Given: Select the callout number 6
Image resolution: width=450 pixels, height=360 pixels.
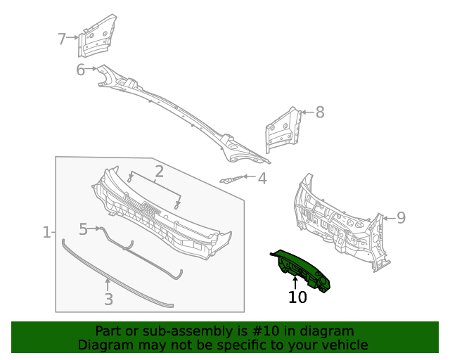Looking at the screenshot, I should (x=80, y=69).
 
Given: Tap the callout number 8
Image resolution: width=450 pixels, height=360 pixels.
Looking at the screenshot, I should (x=319, y=112).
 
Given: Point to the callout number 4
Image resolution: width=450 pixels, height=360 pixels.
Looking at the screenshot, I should (x=262, y=179).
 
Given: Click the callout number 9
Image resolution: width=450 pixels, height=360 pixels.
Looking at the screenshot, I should (x=401, y=217).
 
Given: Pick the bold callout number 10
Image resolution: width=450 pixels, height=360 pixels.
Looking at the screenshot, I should (x=297, y=297).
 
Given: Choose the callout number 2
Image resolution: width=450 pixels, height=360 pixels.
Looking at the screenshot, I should (x=160, y=171).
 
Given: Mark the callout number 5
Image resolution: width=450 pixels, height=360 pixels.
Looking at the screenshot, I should (x=83, y=229).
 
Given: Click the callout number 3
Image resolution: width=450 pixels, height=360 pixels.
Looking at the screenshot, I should (x=108, y=300).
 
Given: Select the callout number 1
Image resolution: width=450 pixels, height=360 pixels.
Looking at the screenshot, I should (x=46, y=232).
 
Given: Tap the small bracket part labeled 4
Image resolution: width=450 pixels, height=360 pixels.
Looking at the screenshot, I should (x=232, y=179).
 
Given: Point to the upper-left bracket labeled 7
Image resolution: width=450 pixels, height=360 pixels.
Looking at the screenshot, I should (x=94, y=41).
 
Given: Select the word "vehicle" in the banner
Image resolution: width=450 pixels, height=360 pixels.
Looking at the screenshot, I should (x=343, y=345).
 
